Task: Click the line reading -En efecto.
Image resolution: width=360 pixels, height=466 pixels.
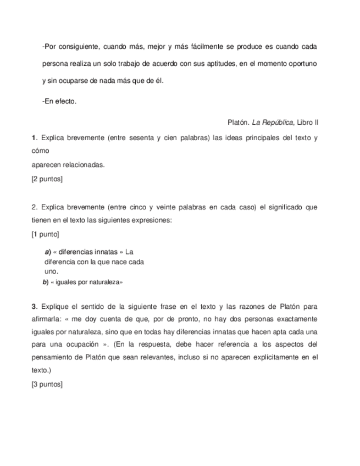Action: (x=59, y=101)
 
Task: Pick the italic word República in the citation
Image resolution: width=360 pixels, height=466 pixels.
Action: (x=276, y=122)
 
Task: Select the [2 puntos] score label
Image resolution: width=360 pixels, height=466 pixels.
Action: (x=47, y=179)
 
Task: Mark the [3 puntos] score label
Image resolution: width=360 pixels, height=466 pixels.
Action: (x=47, y=384)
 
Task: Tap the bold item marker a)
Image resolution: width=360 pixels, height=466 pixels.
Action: (x=47, y=252)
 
